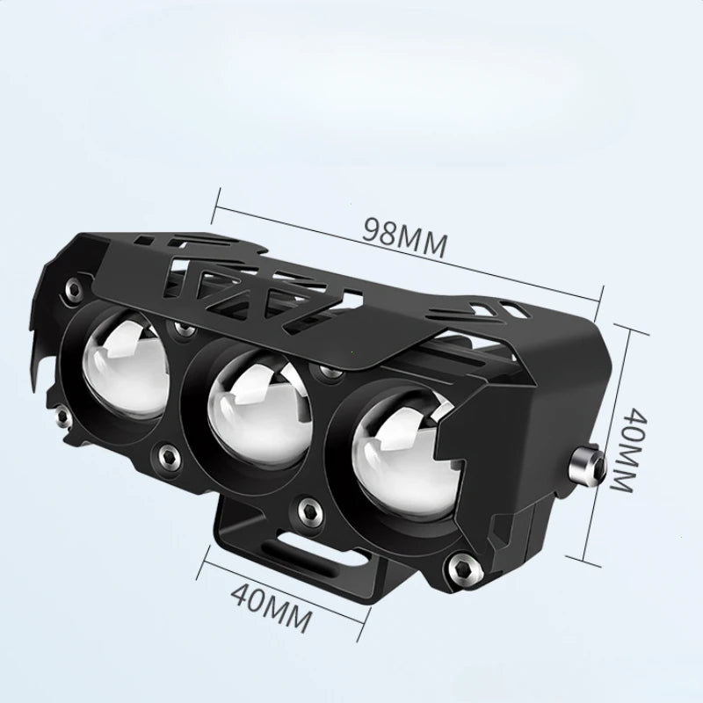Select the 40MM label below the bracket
click(x=272, y=605)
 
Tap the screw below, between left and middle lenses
click(x=164, y=453)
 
